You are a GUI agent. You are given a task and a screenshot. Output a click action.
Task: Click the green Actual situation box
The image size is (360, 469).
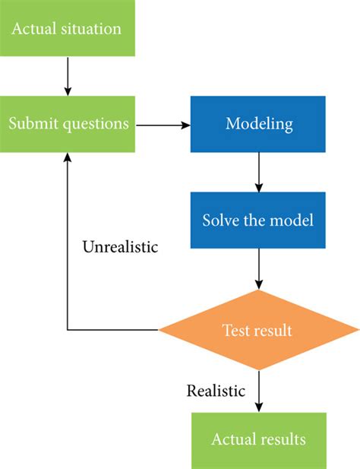click(x=68, y=30)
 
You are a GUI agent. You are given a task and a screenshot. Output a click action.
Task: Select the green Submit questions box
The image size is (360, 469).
click(x=68, y=123)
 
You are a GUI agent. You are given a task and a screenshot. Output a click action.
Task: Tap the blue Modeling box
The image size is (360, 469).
click(x=259, y=123)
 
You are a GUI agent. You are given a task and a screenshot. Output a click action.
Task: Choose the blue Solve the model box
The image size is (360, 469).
click(x=259, y=220)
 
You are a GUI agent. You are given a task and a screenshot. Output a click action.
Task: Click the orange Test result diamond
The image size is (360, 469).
click(x=259, y=331)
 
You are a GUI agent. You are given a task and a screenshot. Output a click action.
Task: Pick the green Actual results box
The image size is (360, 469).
click(x=259, y=439)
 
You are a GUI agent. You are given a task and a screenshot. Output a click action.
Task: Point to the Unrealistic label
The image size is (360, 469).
click(x=119, y=248)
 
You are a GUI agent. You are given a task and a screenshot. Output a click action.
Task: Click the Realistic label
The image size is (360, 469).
click(x=216, y=391)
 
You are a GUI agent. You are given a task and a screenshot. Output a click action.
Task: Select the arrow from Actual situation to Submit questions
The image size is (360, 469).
click(x=68, y=76)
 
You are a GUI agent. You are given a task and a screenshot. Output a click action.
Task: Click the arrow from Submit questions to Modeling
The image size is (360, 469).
click(x=163, y=123)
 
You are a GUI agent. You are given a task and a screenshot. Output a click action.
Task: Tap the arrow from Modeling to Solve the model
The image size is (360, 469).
click(x=259, y=170)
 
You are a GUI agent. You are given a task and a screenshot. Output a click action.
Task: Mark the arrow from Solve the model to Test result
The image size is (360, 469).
click(x=259, y=269)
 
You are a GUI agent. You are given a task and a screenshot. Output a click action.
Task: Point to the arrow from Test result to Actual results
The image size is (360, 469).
click(x=259, y=391)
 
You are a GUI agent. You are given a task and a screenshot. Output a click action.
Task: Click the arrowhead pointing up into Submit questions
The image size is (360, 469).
click(x=68, y=156)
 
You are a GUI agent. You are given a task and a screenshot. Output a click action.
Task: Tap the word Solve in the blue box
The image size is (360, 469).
click(x=219, y=220)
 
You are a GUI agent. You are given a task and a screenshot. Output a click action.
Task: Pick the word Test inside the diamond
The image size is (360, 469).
click(x=234, y=331)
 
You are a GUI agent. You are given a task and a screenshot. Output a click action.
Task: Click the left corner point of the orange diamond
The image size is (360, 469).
click(x=159, y=331)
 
